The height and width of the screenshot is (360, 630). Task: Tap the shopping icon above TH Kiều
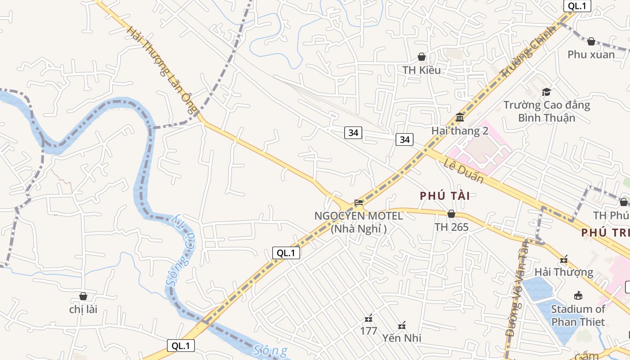pos(422,57)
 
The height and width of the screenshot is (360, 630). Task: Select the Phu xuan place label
pos(591,54)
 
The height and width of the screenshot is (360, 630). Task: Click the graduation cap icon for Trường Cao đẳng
pos(546,92)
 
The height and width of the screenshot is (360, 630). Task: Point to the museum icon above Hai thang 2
pos(459,117)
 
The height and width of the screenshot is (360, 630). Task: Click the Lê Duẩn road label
pos(463,171)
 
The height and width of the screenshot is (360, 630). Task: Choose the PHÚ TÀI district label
pos(445,196)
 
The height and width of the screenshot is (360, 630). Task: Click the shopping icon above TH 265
pos(451,214)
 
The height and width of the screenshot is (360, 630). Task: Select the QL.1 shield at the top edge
pos(577,6)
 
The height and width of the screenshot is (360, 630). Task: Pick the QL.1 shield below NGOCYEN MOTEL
pos(286,253)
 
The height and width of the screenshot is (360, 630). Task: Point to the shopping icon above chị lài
pos(83,296)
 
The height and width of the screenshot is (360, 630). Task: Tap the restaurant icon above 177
pos(369,319)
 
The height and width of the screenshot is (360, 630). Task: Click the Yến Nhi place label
pos(402,337)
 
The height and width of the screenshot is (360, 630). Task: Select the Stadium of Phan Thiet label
pos(578,315)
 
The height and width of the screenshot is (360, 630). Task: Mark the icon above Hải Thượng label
pos(564,260)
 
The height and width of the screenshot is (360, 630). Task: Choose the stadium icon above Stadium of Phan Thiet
pos(578,296)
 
